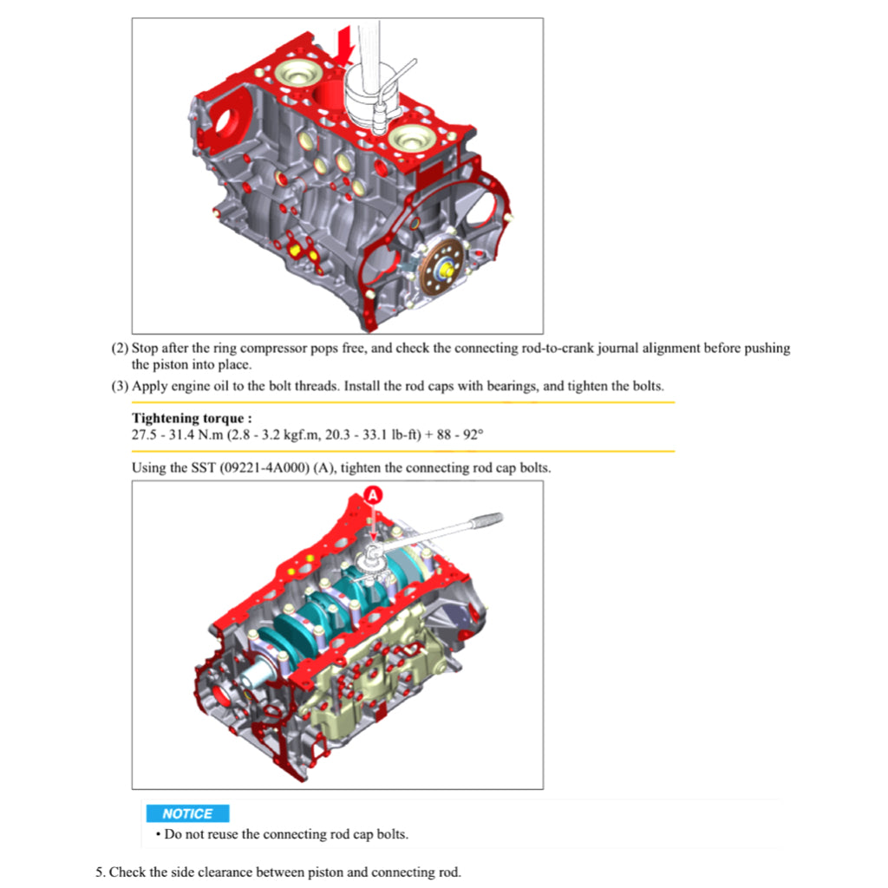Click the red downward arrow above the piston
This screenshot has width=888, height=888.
click(344, 44)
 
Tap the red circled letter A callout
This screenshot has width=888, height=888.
click(373, 495)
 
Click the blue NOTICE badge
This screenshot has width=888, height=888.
click(187, 813)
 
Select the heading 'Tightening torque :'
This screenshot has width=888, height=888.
click(192, 418)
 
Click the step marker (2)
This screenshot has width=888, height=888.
click(120, 348)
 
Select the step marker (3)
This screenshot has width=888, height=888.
click(120, 386)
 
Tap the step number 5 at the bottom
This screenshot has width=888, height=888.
click(101, 872)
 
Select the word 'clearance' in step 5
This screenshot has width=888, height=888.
click(223, 872)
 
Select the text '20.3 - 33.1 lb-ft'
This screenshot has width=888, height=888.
click(373, 435)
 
